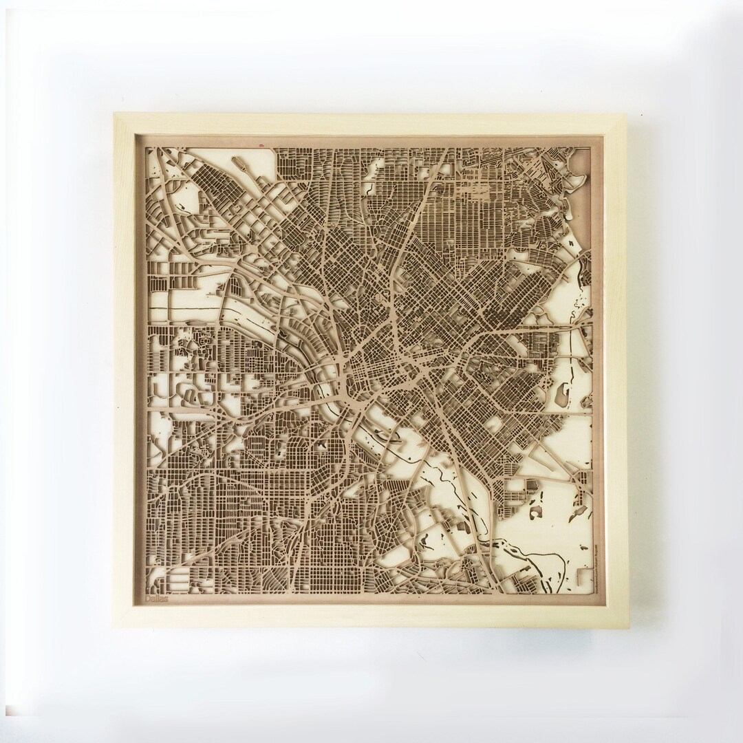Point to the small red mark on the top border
point(261,146)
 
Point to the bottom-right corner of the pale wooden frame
point(627,627)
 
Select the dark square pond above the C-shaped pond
point(531,486)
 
